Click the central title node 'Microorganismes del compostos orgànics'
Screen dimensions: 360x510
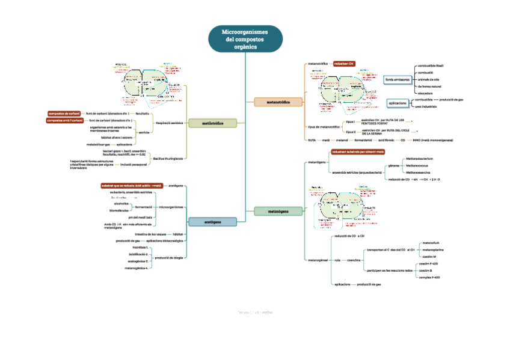pos(245,38)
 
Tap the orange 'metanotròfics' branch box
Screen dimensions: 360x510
pos(277,103)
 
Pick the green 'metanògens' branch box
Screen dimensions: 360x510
pos(278,211)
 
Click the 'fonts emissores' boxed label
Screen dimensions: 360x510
pos(398,79)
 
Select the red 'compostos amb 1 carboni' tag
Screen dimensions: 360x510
pos(64,121)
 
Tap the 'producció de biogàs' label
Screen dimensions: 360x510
pos(169,258)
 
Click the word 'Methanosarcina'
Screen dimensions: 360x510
pos(419,172)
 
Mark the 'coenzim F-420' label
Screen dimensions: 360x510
pos(429,264)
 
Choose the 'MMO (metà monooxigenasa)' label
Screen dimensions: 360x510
pos(433,140)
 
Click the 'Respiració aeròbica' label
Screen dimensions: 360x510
pos(169,123)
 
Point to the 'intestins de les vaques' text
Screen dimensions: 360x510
pos(150,233)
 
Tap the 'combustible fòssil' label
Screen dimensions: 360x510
pos(431,65)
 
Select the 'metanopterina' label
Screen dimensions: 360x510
pos(433,249)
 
